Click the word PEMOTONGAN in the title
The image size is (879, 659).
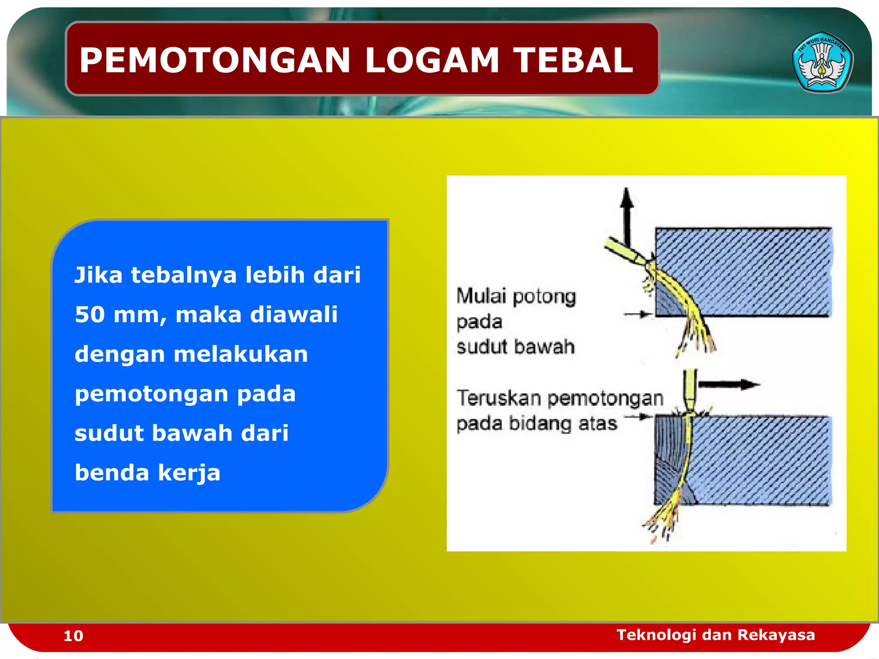[215, 60]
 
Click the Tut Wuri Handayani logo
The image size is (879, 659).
[822, 63]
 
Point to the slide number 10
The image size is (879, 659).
[73, 636]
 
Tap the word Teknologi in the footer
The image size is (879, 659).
[656, 635]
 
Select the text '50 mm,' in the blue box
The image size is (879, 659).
[121, 314]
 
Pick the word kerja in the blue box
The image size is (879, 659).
[189, 473]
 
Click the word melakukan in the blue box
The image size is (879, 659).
[240, 354]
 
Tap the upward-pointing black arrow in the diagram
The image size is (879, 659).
[627, 215]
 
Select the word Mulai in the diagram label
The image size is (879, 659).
[481, 296]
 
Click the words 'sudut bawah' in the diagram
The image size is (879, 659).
[515, 347]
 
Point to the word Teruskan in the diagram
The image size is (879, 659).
[498, 398]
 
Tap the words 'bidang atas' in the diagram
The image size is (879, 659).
[563, 423]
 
